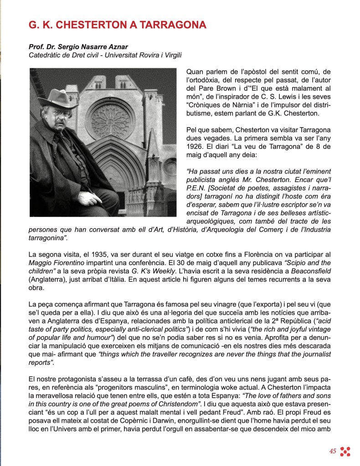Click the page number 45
pos(333,451)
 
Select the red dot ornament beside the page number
pos(345,451)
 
